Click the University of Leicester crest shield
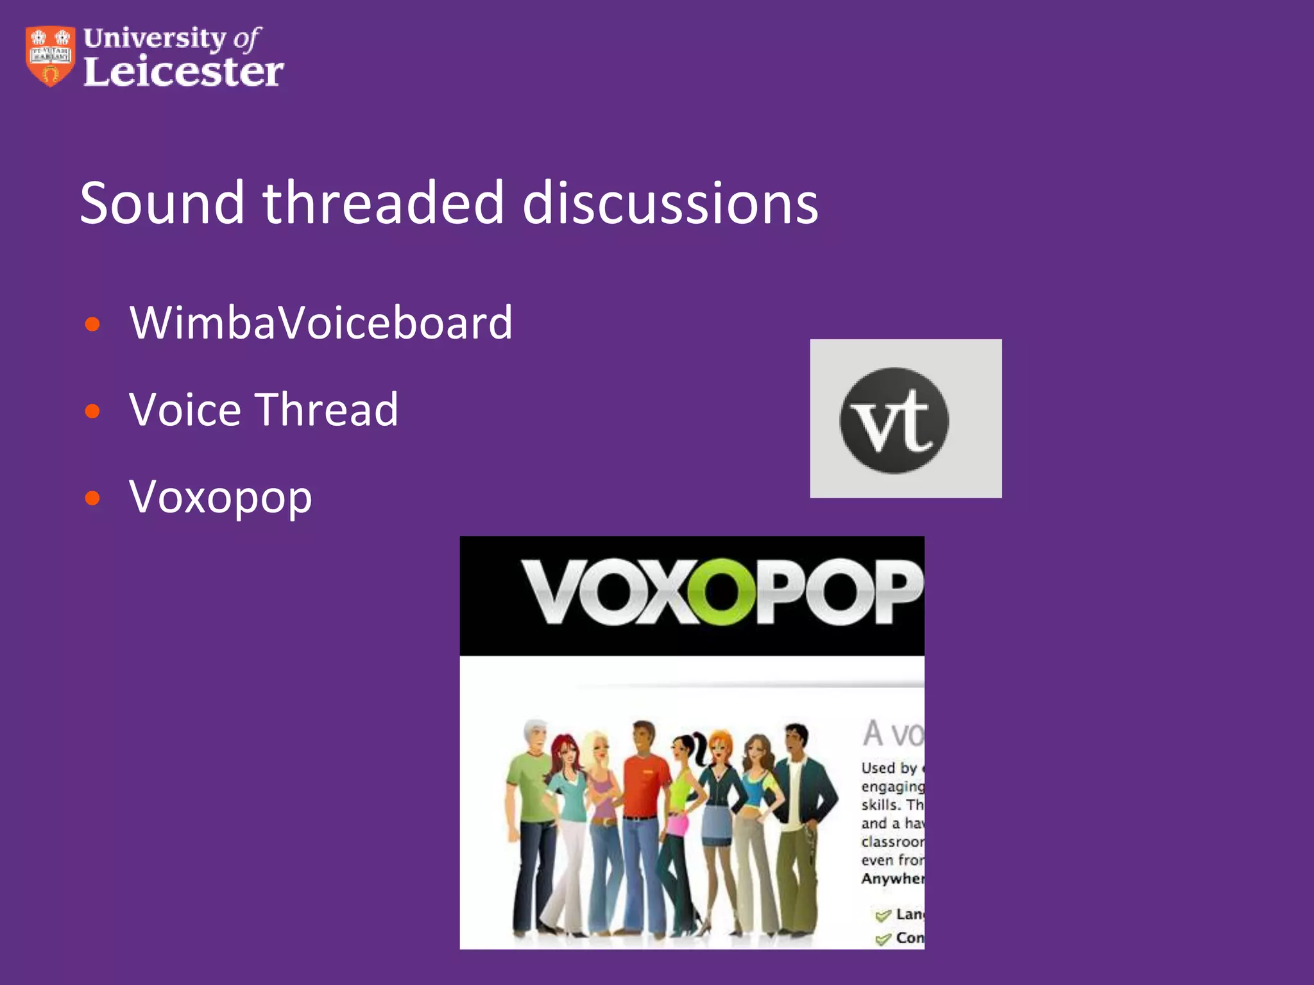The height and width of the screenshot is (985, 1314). point(50,56)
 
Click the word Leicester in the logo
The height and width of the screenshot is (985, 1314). point(183,71)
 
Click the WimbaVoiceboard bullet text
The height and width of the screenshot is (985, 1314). point(321,322)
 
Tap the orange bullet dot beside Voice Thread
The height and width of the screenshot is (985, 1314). point(93,411)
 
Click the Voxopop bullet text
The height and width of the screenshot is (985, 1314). point(221,497)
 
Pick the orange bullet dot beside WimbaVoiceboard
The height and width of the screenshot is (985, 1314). point(93,324)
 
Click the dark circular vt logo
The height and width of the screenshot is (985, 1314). point(894,420)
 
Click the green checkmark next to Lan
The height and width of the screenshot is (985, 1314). point(883,915)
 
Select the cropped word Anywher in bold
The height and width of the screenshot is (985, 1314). point(892,879)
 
